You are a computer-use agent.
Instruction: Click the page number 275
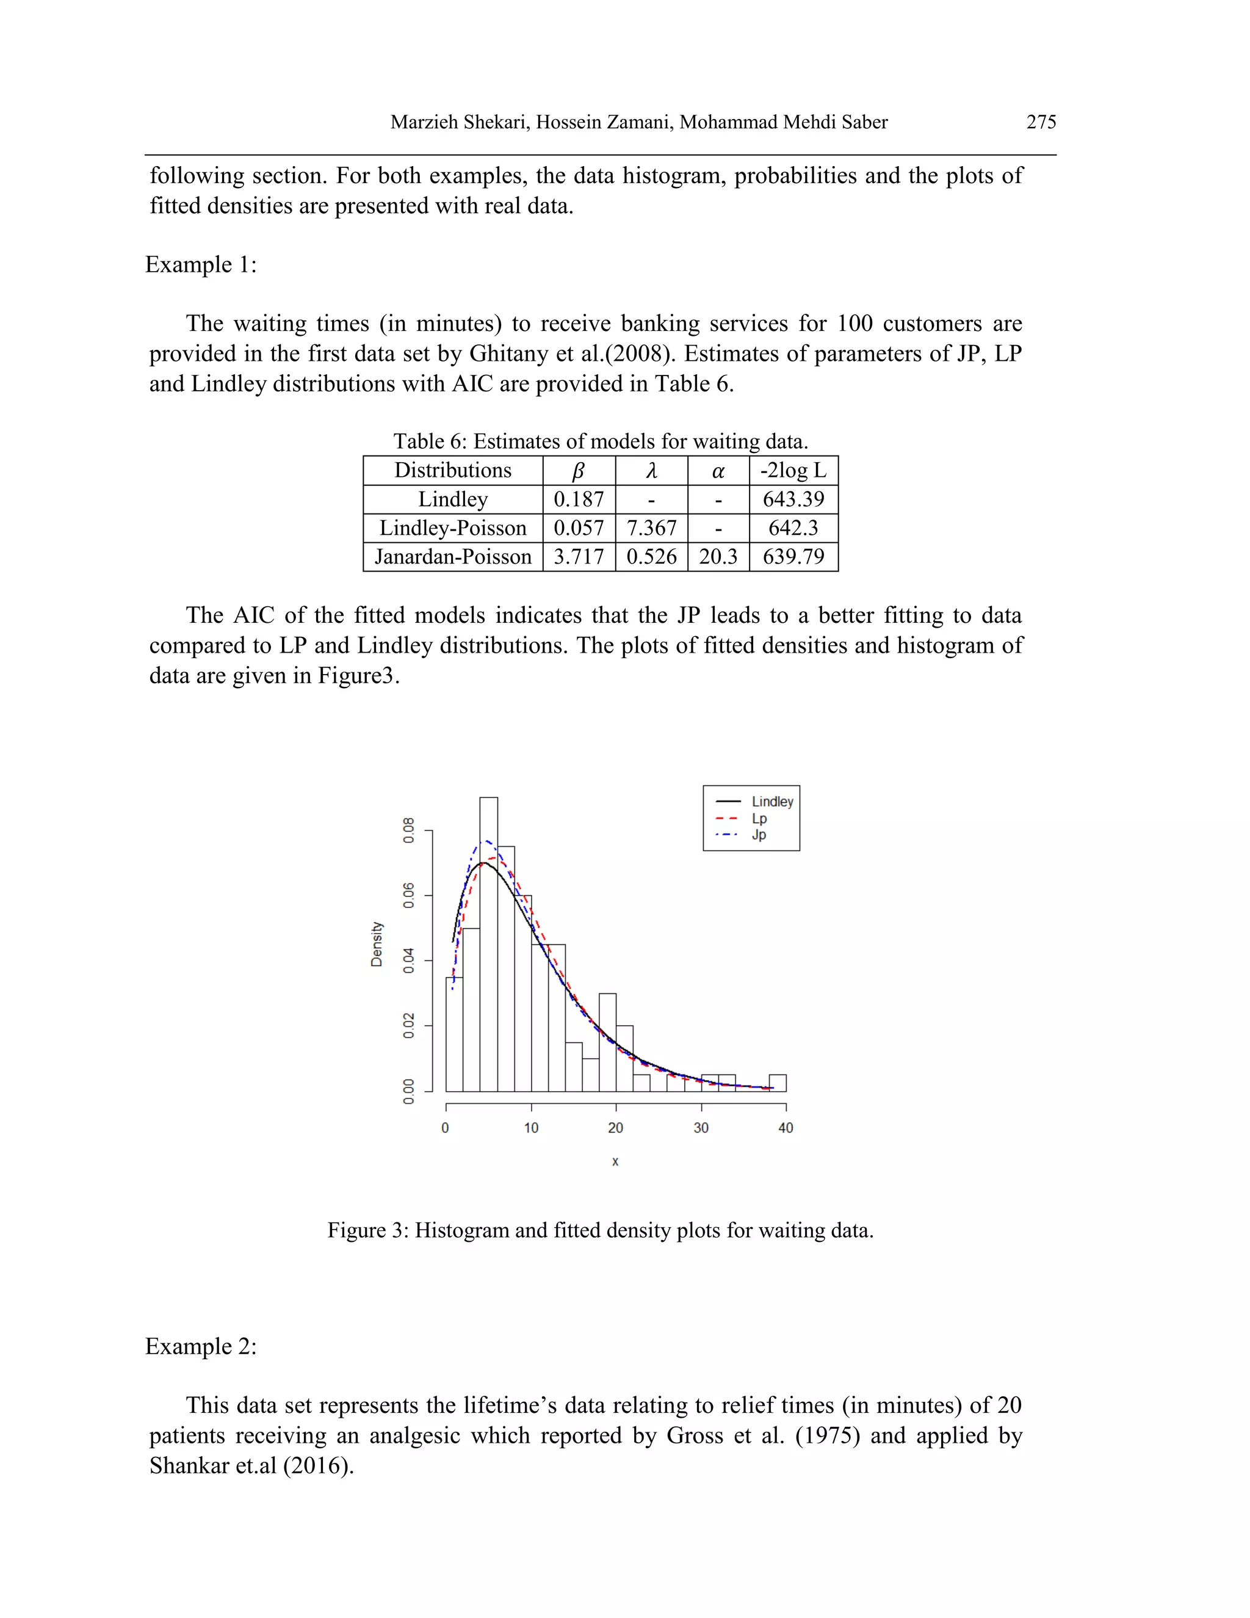[1041, 122]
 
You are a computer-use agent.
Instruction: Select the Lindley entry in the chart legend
[771, 802]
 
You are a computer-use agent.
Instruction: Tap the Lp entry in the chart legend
[759, 819]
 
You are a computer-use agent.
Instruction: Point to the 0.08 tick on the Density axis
[409, 830]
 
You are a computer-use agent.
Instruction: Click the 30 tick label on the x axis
[701, 1128]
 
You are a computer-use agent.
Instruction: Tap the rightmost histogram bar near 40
[778, 1083]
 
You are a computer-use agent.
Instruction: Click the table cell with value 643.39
[793, 499]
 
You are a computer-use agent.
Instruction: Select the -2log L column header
[793, 470]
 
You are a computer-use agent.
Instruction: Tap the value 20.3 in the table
[718, 557]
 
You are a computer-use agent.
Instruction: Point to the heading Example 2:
[201, 1346]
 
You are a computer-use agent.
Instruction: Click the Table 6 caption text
[600, 441]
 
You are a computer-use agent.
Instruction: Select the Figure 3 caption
[600, 1230]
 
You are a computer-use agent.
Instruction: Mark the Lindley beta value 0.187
[579, 499]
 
